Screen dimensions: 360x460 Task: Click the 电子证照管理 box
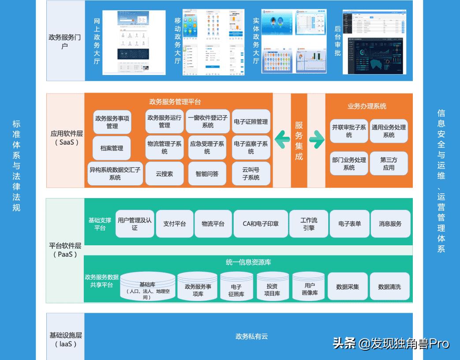pyautogui.click(x=251, y=122)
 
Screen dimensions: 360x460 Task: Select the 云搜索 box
pyautogui.click(x=164, y=174)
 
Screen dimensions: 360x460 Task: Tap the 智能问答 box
pyautogui.click(x=207, y=174)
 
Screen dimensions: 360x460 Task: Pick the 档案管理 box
pyautogui.click(x=112, y=148)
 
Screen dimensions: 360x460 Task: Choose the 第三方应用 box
pyautogui.click(x=389, y=164)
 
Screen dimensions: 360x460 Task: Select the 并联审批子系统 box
pyautogui.click(x=349, y=131)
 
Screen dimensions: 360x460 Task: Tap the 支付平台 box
pyautogui.click(x=175, y=224)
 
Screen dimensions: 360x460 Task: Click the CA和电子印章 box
pyautogui.click(x=261, y=224)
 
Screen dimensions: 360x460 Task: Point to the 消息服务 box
pyautogui.click(x=390, y=224)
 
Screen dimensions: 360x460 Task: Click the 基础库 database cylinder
pyautogui.click(x=148, y=287)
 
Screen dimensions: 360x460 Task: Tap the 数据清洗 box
pyautogui.click(x=389, y=287)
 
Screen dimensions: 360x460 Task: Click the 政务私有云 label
pyautogui.click(x=252, y=337)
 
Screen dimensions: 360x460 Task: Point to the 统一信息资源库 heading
pyautogui.click(x=248, y=262)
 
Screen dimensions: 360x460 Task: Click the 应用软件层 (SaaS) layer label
pyautogui.click(x=66, y=138)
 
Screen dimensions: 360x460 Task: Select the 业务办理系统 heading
pyautogui.click(x=367, y=106)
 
